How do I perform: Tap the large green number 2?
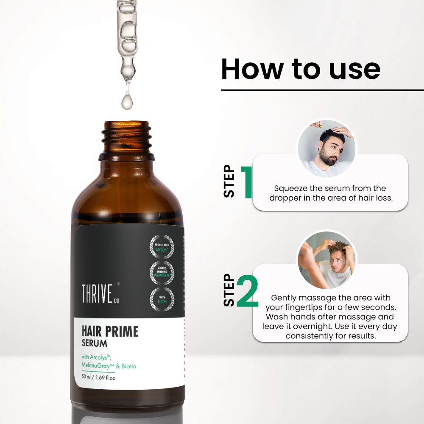[247, 291]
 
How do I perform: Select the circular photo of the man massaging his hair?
[326, 259]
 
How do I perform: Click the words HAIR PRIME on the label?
[110, 331]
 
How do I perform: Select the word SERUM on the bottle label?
[95, 343]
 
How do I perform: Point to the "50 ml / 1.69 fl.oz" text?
[98, 377]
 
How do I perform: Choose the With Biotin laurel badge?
[162, 298]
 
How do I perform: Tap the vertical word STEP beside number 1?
[229, 181]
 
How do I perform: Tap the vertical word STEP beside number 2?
[229, 290]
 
